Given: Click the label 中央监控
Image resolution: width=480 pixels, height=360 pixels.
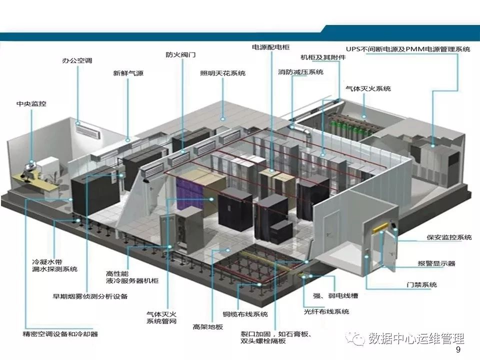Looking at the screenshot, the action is [31, 104].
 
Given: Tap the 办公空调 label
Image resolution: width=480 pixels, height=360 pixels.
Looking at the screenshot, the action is [77, 60].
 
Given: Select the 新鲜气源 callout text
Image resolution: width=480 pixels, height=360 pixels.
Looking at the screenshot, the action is [128, 73].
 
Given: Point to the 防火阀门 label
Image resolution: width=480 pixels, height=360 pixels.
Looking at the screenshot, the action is [180, 55].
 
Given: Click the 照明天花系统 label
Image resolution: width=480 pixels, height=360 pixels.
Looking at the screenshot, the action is [223, 73].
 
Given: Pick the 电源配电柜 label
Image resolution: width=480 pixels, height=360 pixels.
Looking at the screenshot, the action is [270, 47].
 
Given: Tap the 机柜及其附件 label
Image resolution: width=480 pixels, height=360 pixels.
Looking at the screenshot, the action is [323, 57].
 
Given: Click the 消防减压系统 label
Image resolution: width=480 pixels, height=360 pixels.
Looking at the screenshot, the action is [300, 72].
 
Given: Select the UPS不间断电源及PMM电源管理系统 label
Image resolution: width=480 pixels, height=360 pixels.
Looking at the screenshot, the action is [408, 49].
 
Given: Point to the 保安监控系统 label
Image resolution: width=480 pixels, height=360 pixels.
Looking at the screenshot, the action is [449, 237].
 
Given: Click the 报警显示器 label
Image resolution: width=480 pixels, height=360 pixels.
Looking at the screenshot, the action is [436, 263].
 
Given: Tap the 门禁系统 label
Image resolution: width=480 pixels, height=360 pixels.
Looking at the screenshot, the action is [421, 284].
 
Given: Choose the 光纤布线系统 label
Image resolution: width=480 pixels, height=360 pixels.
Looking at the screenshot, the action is [326, 311].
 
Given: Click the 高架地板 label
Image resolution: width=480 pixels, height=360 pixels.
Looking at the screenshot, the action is [207, 327].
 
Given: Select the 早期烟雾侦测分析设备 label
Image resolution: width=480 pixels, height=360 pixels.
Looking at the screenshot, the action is [90, 296].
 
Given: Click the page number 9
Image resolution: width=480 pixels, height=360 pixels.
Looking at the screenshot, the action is [458, 349].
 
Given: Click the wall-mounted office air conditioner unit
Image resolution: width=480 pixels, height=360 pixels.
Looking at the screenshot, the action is [88, 130].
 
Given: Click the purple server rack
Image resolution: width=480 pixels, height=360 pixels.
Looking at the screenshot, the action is [189, 193].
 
